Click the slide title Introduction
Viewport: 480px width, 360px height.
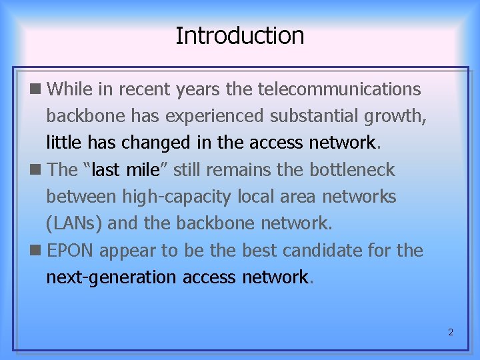click(x=239, y=35)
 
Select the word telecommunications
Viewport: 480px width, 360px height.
click(x=339, y=89)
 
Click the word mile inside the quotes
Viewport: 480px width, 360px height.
click(x=143, y=170)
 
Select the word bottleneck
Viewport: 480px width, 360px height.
click(x=352, y=170)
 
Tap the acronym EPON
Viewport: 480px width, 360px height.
click(x=71, y=251)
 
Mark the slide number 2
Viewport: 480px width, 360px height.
click(x=450, y=332)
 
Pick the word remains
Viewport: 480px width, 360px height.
click(x=240, y=170)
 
